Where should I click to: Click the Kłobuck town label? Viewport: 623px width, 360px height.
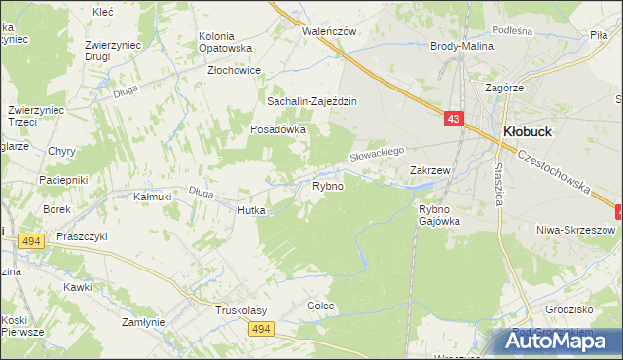pos(529,131)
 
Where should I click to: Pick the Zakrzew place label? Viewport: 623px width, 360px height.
pos(429,170)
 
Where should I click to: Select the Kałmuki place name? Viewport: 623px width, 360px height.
pos(152,197)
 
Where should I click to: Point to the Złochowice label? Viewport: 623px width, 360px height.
pos(234,70)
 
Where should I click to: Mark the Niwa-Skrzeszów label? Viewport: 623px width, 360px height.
pos(576,230)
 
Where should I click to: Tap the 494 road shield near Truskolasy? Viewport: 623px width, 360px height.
pos(259,331)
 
